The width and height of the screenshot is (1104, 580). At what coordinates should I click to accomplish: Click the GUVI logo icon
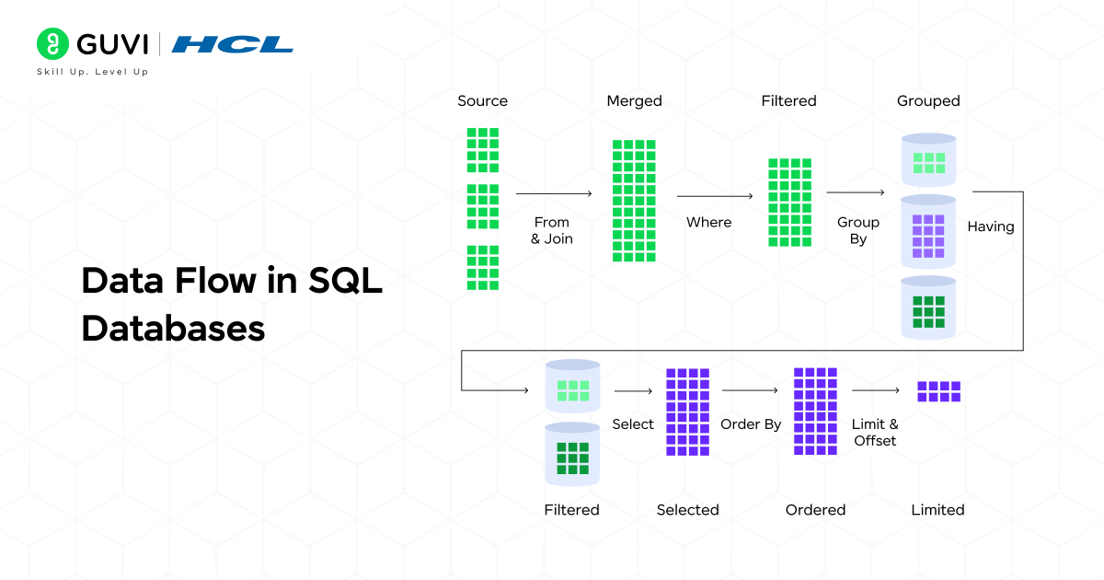click(52, 43)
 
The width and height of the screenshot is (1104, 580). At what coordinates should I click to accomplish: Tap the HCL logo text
click(232, 44)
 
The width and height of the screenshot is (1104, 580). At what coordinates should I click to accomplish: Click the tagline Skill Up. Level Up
click(92, 72)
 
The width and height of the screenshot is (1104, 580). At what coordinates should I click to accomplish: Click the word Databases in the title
click(173, 328)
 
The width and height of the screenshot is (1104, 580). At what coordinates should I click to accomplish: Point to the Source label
click(482, 101)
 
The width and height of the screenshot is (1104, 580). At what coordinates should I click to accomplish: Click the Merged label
click(634, 101)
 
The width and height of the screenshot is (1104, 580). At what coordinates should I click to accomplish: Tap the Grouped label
click(928, 101)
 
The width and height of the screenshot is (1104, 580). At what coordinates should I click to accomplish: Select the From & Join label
click(552, 230)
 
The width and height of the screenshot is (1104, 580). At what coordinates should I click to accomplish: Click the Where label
click(709, 222)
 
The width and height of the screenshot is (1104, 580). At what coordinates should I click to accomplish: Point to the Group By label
click(858, 230)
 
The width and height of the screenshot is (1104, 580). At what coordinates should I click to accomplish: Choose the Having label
click(991, 226)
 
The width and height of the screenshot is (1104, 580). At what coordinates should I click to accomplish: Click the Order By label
click(751, 424)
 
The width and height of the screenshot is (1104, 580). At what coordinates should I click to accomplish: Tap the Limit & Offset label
click(875, 433)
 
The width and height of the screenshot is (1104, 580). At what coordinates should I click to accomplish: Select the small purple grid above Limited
click(938, 391)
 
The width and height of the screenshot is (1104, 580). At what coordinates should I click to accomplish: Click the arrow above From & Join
click(553, 194)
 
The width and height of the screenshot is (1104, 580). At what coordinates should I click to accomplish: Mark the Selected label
click(687, 510)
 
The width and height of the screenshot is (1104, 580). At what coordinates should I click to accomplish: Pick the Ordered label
click(815, 510)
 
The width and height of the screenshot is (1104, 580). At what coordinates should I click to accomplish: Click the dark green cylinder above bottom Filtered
click(572, 455)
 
